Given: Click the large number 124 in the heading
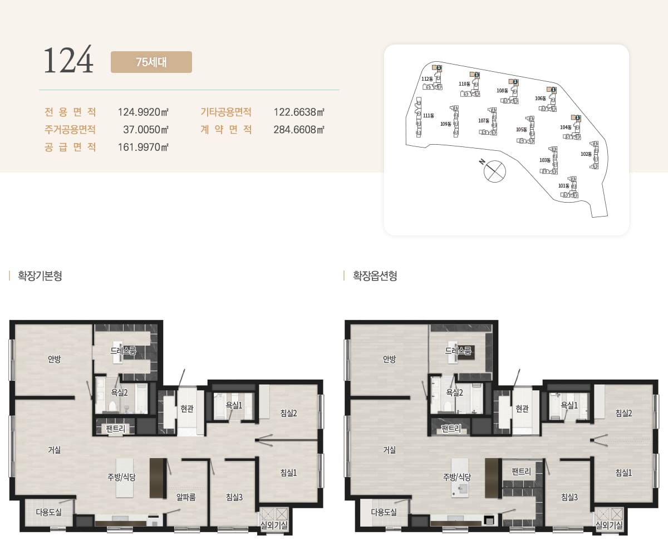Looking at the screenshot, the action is pos(68,59).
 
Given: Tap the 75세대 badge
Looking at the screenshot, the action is pos(151,62).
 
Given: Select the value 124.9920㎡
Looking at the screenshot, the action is pos(143,112).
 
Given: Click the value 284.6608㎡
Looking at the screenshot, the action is pos(299,130).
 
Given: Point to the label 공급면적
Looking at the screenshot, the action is pos(70,147).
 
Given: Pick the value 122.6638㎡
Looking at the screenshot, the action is pos(299,112).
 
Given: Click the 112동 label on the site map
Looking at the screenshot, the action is pos(427,79).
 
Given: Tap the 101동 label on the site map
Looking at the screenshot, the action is pos(564,186).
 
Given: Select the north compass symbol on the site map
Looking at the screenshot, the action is pos(493,171).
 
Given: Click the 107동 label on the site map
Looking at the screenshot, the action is pos(484,121).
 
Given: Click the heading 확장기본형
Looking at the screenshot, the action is pos(40,276).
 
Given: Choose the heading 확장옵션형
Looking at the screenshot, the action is pos(375,276).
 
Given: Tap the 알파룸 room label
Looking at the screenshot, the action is pos(186,497).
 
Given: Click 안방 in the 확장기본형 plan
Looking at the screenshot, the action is pos(54,359).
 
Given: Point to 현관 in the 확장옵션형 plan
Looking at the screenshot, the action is pos(522,409).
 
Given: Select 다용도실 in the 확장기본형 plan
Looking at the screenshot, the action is pos(49,512).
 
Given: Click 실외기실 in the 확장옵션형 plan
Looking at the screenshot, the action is pos(609,525).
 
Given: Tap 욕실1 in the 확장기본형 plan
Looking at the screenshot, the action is pos(234,405).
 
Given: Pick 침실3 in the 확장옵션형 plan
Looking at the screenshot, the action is pos(569,497).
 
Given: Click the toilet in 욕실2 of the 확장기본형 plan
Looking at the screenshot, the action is pos(112,406).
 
